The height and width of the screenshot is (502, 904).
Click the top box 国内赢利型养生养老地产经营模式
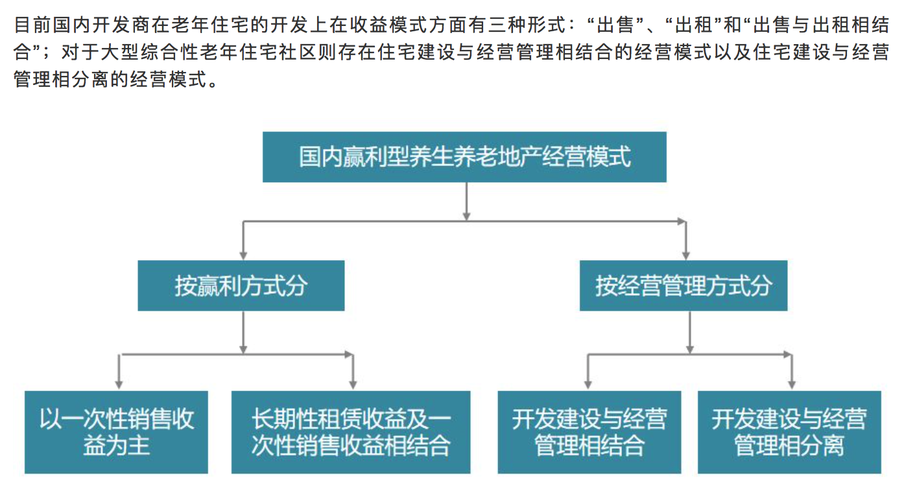464,157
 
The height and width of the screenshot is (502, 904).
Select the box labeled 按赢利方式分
241,285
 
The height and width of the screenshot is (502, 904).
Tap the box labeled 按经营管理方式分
684,285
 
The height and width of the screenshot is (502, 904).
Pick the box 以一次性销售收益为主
116,432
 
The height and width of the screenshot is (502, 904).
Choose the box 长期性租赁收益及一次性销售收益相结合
351,432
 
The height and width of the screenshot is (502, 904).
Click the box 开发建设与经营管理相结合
589,432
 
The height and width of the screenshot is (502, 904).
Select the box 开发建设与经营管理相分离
789,432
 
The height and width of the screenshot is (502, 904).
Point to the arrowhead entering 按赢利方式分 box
243,256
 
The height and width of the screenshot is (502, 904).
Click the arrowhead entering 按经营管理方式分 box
685,256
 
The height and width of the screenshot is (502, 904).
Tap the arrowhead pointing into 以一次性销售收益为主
119,385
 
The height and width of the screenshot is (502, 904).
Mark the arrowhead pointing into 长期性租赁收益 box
353,385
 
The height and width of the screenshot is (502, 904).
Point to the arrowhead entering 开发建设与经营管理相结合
588,385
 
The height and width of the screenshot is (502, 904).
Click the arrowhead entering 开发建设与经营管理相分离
792,385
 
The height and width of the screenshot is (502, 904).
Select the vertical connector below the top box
466,201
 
